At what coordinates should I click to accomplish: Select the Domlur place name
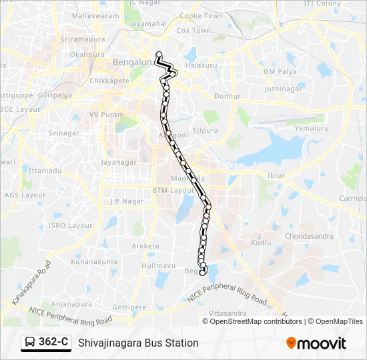[226, 96]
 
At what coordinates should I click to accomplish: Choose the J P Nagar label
[117, 201]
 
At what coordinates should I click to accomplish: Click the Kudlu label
[261, 243]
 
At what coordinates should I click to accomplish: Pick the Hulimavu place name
[158, 265]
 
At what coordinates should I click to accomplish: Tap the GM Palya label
[279, 71]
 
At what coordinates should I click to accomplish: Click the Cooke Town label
[202, 15]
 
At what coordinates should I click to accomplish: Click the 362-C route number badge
[54, 342]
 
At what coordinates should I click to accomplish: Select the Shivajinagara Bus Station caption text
[138, 343]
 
